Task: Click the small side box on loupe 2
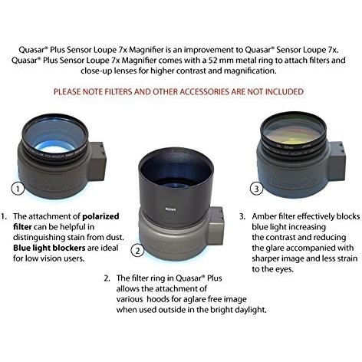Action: pos(219,217)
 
